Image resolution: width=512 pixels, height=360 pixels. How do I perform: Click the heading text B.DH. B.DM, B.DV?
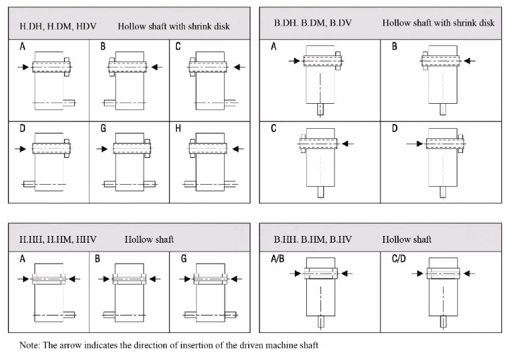pos(312,23)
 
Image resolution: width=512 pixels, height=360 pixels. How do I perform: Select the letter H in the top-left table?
pos(177,128)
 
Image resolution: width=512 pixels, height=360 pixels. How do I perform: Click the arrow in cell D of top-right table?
pos(414,143)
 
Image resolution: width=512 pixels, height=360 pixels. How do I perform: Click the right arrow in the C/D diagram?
pos(470,273)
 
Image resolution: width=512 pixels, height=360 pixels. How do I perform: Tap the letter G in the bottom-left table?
pos(184,258)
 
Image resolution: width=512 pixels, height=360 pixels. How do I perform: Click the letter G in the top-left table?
pos(103,128)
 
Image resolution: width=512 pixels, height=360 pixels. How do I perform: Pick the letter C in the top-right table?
pos(275,128)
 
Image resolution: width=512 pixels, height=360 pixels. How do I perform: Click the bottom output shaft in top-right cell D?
pos(443,191)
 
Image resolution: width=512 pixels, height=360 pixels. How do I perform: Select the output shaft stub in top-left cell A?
pos(70,102)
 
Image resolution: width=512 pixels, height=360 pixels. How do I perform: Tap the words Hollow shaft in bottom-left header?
pos(148,239)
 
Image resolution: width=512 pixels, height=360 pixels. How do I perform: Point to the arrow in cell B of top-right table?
pos(470,61)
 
